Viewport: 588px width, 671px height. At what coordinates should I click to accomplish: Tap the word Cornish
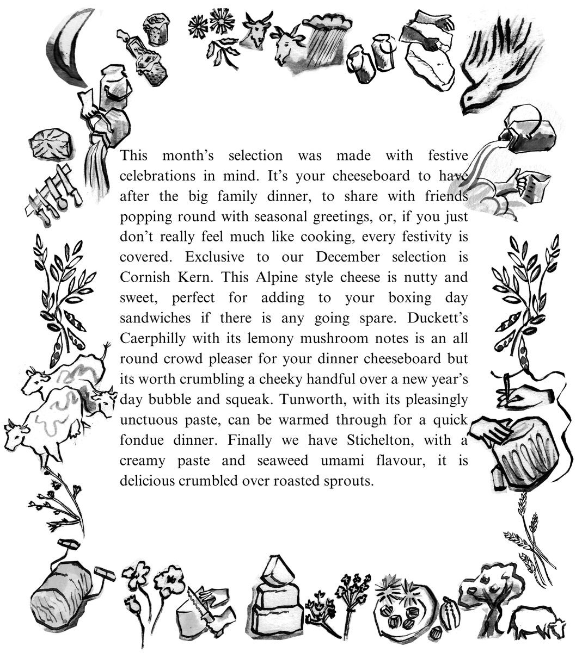click(143, 277)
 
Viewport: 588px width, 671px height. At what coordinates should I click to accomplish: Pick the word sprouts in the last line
click(348, 481)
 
